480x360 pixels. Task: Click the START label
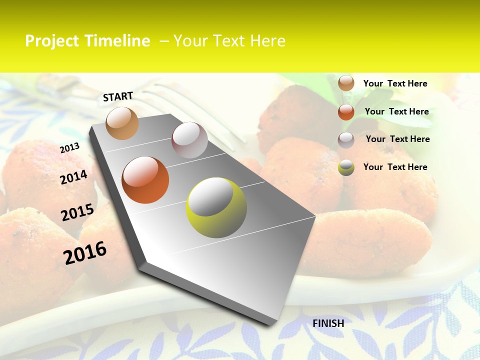(118, 96)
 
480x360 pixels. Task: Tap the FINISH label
(328, 323)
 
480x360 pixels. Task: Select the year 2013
(69, 147)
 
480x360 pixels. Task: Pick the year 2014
(73, 177)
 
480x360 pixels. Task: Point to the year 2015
(77, 212)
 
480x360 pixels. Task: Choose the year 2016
(85, 252)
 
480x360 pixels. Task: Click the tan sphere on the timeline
(122, 123)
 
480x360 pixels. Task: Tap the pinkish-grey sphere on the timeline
(189, 140)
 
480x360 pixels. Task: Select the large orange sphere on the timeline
(145, 180)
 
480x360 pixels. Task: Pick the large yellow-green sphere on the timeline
(216, 207)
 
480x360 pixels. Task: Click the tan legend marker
(346, 83)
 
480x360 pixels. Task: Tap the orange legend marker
(346, 112)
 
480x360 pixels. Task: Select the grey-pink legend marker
(346, 140)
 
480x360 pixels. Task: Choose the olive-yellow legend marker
(346, 167)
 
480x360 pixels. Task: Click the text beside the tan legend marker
(395, 83)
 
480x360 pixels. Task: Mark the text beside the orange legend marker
(396, 111)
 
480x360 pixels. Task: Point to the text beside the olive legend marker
(395, 167)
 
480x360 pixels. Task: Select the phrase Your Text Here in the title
(229, 41)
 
